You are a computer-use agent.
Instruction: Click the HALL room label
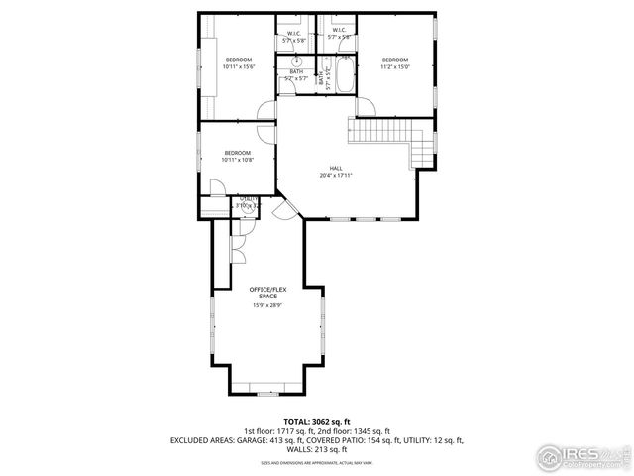coord(336,167)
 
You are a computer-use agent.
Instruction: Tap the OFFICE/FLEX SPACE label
coord(267,293)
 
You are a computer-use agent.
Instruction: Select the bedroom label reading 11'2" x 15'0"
coord(395,62)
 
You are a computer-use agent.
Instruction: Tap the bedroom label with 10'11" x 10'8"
coord(237,156)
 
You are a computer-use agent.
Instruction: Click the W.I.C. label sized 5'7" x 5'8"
coord(294,36)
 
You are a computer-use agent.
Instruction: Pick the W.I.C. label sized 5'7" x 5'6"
coord(339,36)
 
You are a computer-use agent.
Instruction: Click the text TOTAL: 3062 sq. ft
coord(316,421)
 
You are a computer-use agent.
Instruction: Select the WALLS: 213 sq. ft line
coord(316,448)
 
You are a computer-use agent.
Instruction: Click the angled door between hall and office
coord(284,209)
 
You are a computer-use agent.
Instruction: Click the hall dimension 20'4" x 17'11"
coord(336,176)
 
